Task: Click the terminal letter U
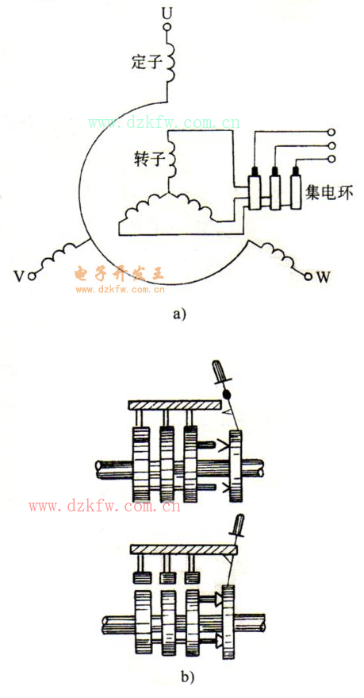point(167,13)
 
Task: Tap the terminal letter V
point(18,276)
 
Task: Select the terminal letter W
point(323,277)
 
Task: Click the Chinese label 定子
point(146,62)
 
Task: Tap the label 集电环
point(329,193)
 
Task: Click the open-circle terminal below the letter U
point(167,28)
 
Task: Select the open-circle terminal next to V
point(31,276)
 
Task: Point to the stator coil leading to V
point(61,255)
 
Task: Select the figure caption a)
point(179,314)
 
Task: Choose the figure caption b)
point(187,677)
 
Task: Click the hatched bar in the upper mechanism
point(174,406)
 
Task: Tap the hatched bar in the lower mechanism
point(184,550)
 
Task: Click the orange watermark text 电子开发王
point(119,274)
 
